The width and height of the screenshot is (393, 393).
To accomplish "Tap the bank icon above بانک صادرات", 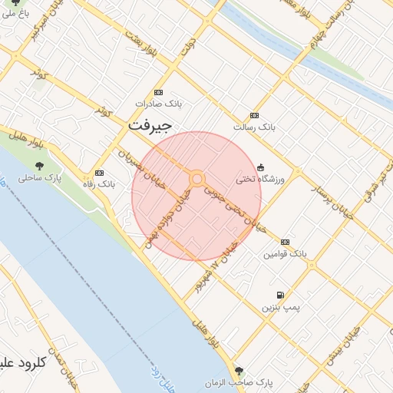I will click(x=159, y=91).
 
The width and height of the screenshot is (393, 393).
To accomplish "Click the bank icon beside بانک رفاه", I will click(x=99, y=173).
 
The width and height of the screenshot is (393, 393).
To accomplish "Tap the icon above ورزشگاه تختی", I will click(x=260, y=167).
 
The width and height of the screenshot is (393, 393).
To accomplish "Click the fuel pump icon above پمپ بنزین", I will click(x=280, y=296).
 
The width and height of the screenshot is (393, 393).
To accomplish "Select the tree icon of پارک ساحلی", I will click(x=40, y=166).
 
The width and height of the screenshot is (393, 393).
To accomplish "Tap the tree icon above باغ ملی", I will click(x=16, y=2).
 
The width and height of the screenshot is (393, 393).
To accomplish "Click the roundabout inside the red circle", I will click(x=197, y=179).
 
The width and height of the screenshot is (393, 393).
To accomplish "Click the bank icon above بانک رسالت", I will click(x=254, y=115).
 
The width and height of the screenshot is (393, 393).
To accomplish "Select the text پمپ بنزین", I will click(x=279, y=307).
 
